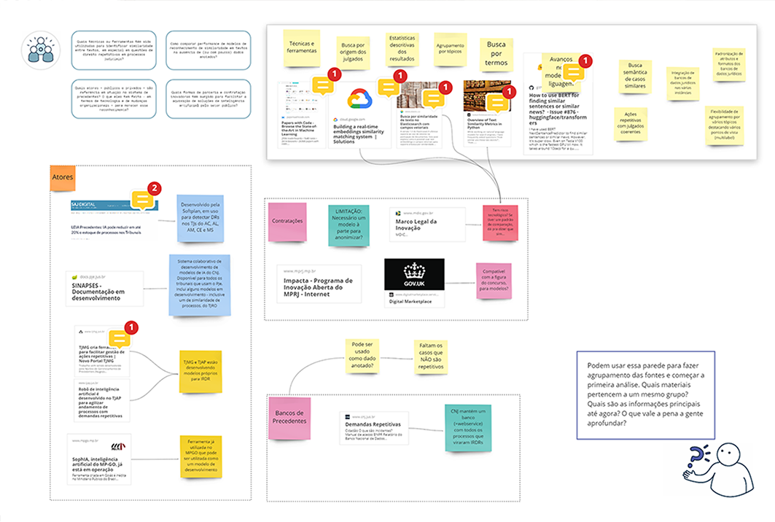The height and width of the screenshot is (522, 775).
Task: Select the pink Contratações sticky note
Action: [287, 222]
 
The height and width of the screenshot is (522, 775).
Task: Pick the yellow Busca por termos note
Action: [496, 53]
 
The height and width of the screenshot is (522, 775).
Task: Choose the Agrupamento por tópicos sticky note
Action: [450, 50]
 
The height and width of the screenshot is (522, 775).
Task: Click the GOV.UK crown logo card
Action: [413, 275]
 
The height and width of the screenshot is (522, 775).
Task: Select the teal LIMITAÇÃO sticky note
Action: [348, 225]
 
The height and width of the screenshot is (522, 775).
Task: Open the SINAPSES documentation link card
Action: [104, 288]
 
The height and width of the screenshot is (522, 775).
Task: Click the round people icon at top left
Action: [42, 49]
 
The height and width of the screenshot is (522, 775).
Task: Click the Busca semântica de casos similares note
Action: [636, 76]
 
